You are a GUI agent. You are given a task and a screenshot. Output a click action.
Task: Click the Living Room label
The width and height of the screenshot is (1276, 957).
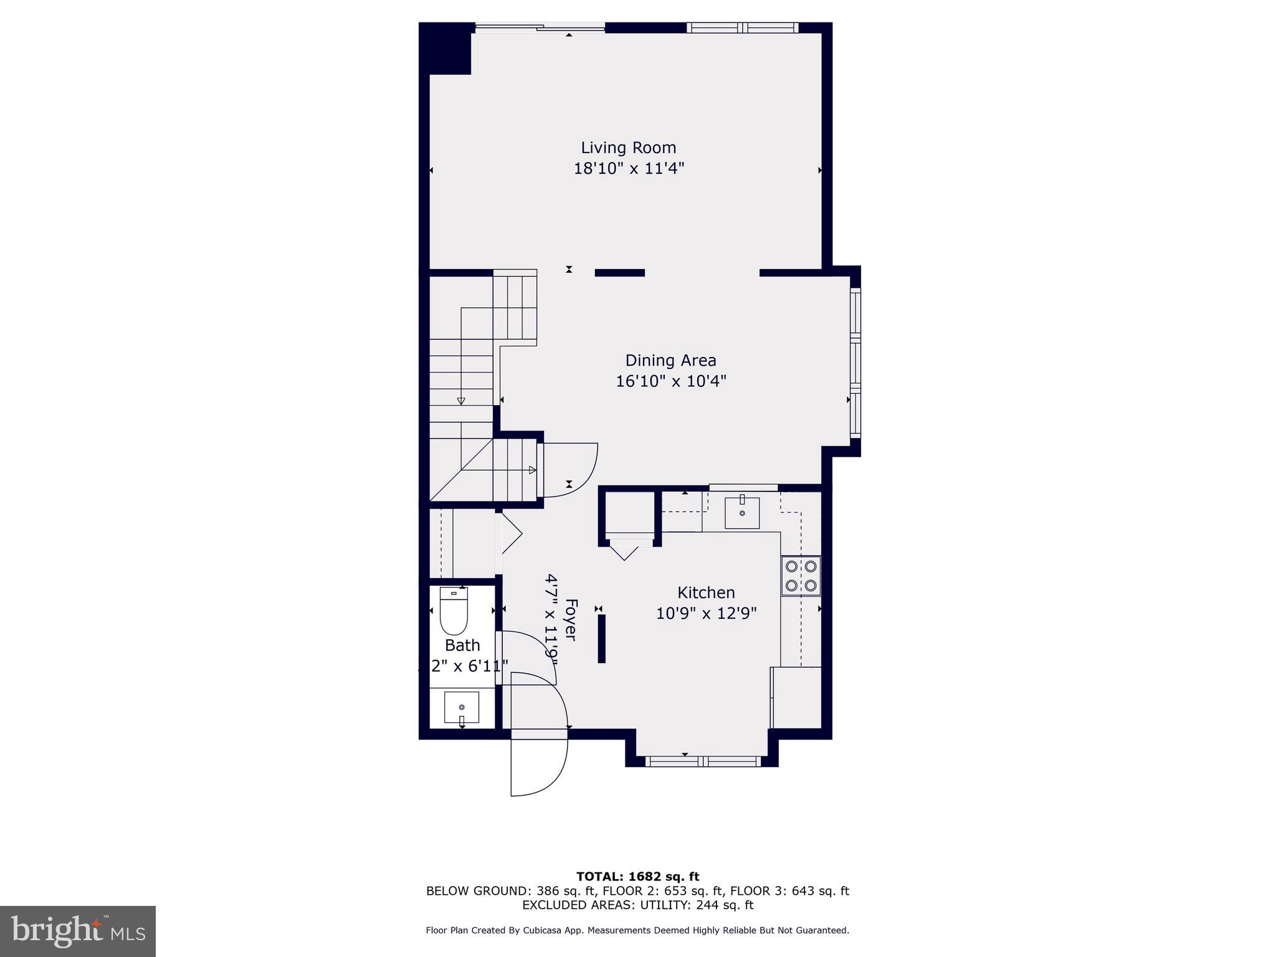click(628, 148)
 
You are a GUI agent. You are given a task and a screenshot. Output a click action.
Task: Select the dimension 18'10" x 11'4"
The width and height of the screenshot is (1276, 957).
click(628, 169)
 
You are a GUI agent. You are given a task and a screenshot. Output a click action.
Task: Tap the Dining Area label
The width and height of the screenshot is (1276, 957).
click(670, 360)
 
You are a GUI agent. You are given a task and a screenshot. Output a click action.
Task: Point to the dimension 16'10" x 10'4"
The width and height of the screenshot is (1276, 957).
click(670, 381)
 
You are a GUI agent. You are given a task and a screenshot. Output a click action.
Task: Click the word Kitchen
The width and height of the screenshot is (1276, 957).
click(706, 593)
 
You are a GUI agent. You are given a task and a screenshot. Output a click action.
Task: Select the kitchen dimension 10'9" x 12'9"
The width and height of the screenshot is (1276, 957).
click(706, 614)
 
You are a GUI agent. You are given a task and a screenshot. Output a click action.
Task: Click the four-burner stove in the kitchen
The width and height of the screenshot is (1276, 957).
click(801, 576)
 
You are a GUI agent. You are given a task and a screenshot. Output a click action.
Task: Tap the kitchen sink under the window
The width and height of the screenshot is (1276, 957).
click(741, 513)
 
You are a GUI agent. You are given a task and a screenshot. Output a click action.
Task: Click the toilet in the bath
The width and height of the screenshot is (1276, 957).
click(454, 611)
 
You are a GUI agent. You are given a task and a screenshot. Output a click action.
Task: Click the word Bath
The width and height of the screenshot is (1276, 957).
click(462, 645)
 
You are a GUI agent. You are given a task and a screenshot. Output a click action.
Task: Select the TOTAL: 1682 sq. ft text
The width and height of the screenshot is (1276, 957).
click(637, 877)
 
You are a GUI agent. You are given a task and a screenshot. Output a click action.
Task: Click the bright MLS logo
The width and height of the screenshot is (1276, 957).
click(78, 931)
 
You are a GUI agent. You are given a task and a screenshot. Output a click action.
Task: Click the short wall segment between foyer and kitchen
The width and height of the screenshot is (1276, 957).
click(601, 639)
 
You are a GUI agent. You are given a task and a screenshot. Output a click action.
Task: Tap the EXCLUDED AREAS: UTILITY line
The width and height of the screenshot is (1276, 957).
click(637, 905)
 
